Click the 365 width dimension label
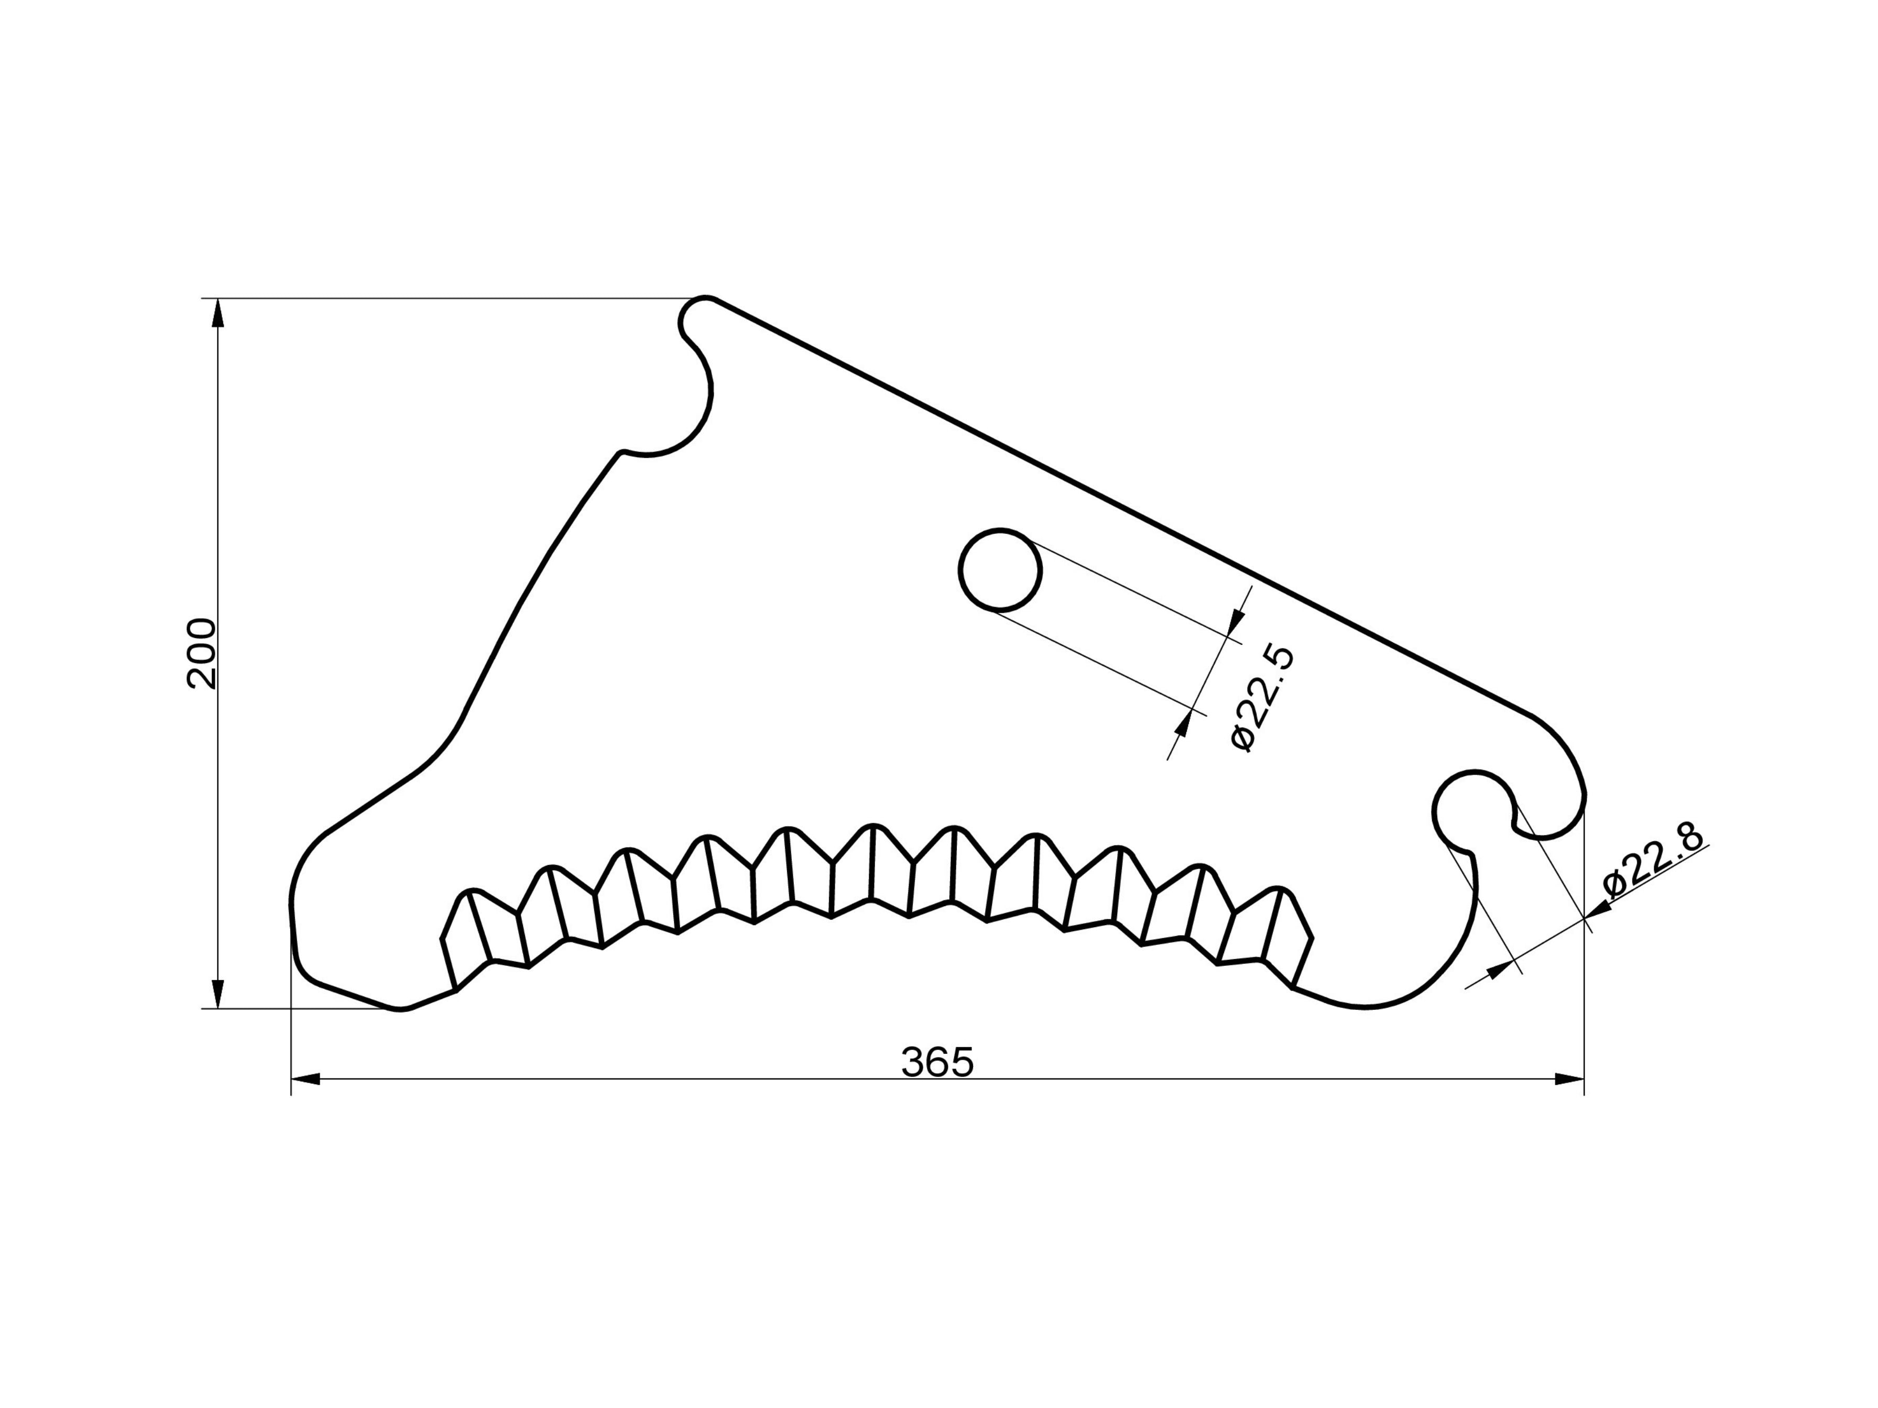(937, 1063)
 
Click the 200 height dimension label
(202, 654)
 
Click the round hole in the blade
(1000, 569)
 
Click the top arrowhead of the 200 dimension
(218, 314)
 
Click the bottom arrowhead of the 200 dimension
(218, 994)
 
